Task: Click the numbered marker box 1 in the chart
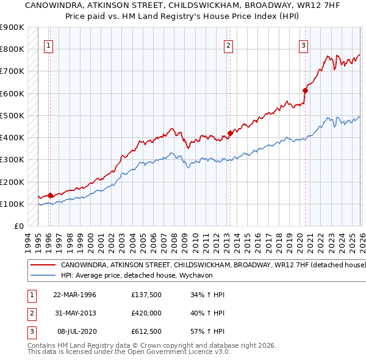click(x=48, y=45)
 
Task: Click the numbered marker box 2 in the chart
click(x=228, y=45)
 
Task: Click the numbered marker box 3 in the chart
click(x=303, y=45)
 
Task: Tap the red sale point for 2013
click(x=230, y=133)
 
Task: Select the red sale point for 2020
click(x=305, y=90)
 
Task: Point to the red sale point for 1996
click(x=50, y=195)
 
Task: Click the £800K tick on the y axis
click(x=12, y=49)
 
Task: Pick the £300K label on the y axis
click(x=12, y=160)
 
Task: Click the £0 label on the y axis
click(x=18, y=226)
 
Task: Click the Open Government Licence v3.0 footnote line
click(x=120, y=353)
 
